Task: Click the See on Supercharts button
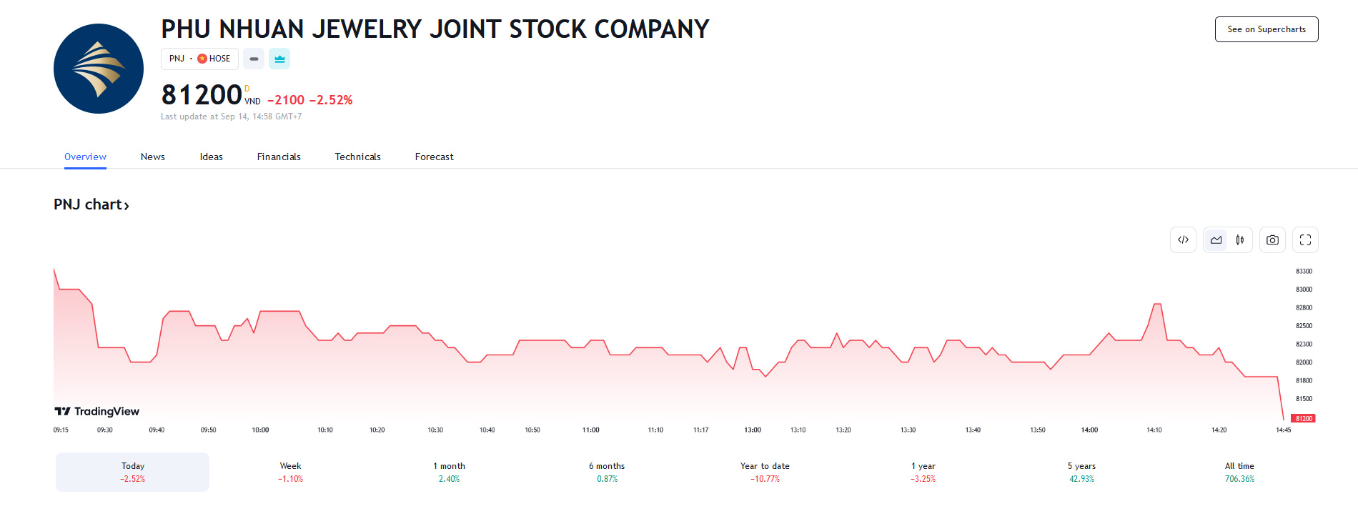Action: [x=1266, y=29]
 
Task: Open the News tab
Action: [x=153, y=157]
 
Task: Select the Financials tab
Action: [x=279, y=157]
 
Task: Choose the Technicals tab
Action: [x=357, y=157]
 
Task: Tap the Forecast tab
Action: [x=434, y=157]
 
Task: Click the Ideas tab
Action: [x=212, y=157]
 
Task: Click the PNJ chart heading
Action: [x=91, y=204]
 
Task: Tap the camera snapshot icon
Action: [x=1272, y=240]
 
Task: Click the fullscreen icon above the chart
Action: [x=1305, y=240]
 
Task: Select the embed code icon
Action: [x=1183, y=240]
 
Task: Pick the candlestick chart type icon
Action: [x=1240, y=240]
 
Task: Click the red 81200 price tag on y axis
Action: [x=1304, y=418]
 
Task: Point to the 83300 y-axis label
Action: [x=1304, y=272]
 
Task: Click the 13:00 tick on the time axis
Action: [x=753, y=430]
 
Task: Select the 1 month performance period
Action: [x=449, y=472]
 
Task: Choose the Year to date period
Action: [x=765, y=472]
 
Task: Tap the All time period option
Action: [x=1239, y=472]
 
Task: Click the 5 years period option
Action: [x=1081, y=472]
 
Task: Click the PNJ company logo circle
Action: [x=99, y=69]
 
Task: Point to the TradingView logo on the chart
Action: [x=97, y=411]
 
